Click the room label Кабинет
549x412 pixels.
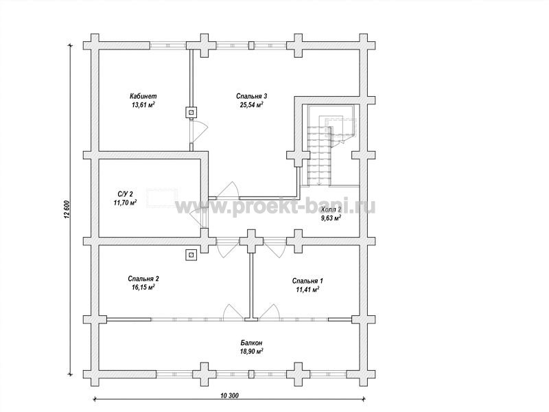143,96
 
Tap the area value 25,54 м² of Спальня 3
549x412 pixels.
251,105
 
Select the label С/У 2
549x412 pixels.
125,194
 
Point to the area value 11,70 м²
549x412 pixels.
125,203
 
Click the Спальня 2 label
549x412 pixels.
143,279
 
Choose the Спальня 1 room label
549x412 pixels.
307,281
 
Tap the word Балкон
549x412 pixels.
251,343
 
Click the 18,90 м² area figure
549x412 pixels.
251,352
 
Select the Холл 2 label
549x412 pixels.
331,209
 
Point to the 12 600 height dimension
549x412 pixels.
67,210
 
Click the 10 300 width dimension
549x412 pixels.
230,396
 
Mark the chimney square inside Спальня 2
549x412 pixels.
191,255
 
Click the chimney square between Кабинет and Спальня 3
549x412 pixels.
191,112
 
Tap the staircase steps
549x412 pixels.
319,154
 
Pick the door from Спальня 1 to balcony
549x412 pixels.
269,312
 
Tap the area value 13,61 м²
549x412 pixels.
143,105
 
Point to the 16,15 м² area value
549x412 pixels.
143,288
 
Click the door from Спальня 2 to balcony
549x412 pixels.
233,312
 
